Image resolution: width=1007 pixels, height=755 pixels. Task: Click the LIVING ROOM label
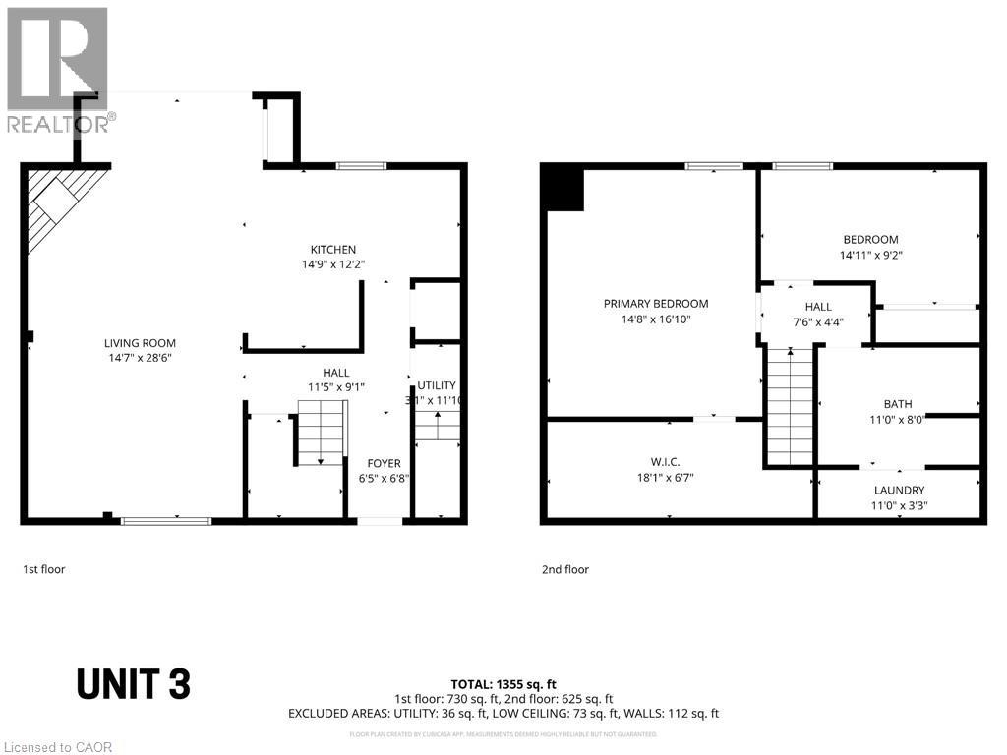[x=140, y=343]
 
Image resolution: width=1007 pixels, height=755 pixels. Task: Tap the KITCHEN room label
[x=333, y=250]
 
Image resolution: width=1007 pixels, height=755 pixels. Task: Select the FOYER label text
[x=384, y=464]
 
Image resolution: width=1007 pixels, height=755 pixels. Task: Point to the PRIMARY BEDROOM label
[x=656, y=304]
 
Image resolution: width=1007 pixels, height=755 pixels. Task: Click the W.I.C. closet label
[x=666, y=462]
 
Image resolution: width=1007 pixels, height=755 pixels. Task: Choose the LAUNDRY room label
[x=900, y=491]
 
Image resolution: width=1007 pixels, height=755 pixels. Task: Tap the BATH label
[x=898, y=404]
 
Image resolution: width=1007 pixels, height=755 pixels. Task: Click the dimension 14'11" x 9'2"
[x=870, y=255]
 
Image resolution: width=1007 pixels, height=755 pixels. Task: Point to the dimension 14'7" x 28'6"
[x=140, y=359]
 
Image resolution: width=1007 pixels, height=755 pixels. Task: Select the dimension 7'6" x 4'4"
[x=818, y=321]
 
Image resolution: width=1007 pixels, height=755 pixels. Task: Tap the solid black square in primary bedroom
[x=564, y=189]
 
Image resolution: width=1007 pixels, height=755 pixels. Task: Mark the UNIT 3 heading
[x=133, y=684]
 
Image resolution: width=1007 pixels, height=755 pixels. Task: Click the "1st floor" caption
[x=44, y=569]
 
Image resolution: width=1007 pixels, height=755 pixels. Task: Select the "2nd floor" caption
[x=565, y=569]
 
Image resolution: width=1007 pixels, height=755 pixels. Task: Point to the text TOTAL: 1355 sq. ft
[x=503, y=683]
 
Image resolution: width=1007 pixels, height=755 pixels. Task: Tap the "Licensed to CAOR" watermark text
[x=57, y=747]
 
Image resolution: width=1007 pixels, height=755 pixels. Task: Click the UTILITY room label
[x=437, y=385]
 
